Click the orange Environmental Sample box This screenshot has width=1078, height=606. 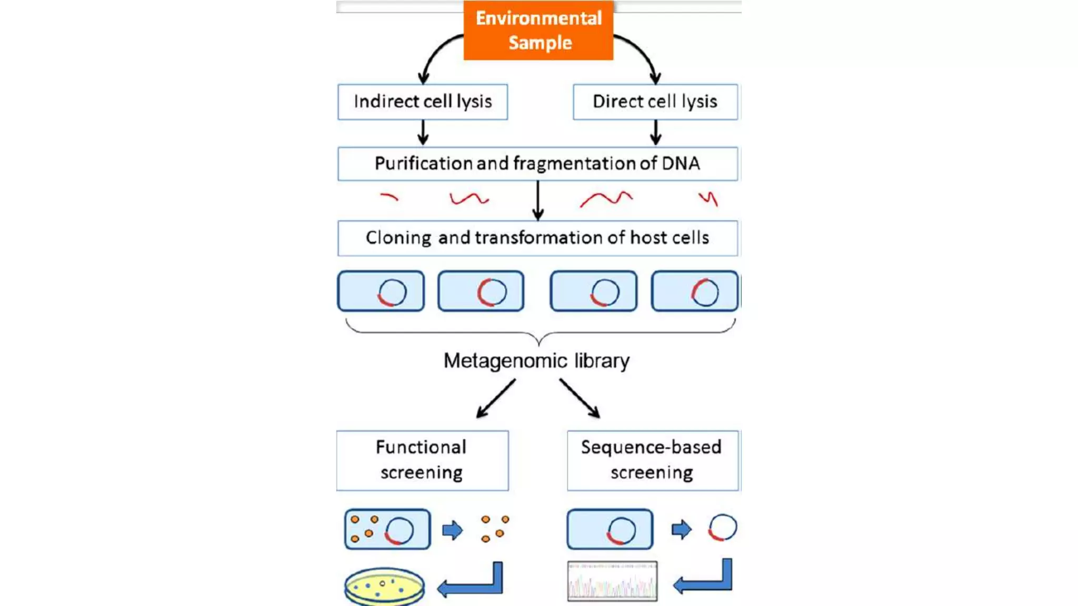click(538, 30)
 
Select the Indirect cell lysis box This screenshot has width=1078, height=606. click(422, 102)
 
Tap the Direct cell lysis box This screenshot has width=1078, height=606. click(655, 102)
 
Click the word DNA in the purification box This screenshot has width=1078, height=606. click(681, 164)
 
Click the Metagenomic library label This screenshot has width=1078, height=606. click(536, 361)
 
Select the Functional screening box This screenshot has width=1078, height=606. click(422, 460)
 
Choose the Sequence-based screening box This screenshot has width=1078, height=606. click(653, 460)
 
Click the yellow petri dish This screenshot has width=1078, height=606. click(384, 585)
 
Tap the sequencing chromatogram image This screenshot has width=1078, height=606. click(612, 581)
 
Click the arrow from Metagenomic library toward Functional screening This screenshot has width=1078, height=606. click(495, 399)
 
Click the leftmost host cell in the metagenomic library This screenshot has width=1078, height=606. click(381, 291)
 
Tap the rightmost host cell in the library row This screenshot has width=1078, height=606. click(694, 291)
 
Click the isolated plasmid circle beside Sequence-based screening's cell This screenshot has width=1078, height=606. click(722, 528)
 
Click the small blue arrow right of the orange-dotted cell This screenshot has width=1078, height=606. click(452, 530)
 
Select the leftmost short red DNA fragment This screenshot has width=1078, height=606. click(390, 197)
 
